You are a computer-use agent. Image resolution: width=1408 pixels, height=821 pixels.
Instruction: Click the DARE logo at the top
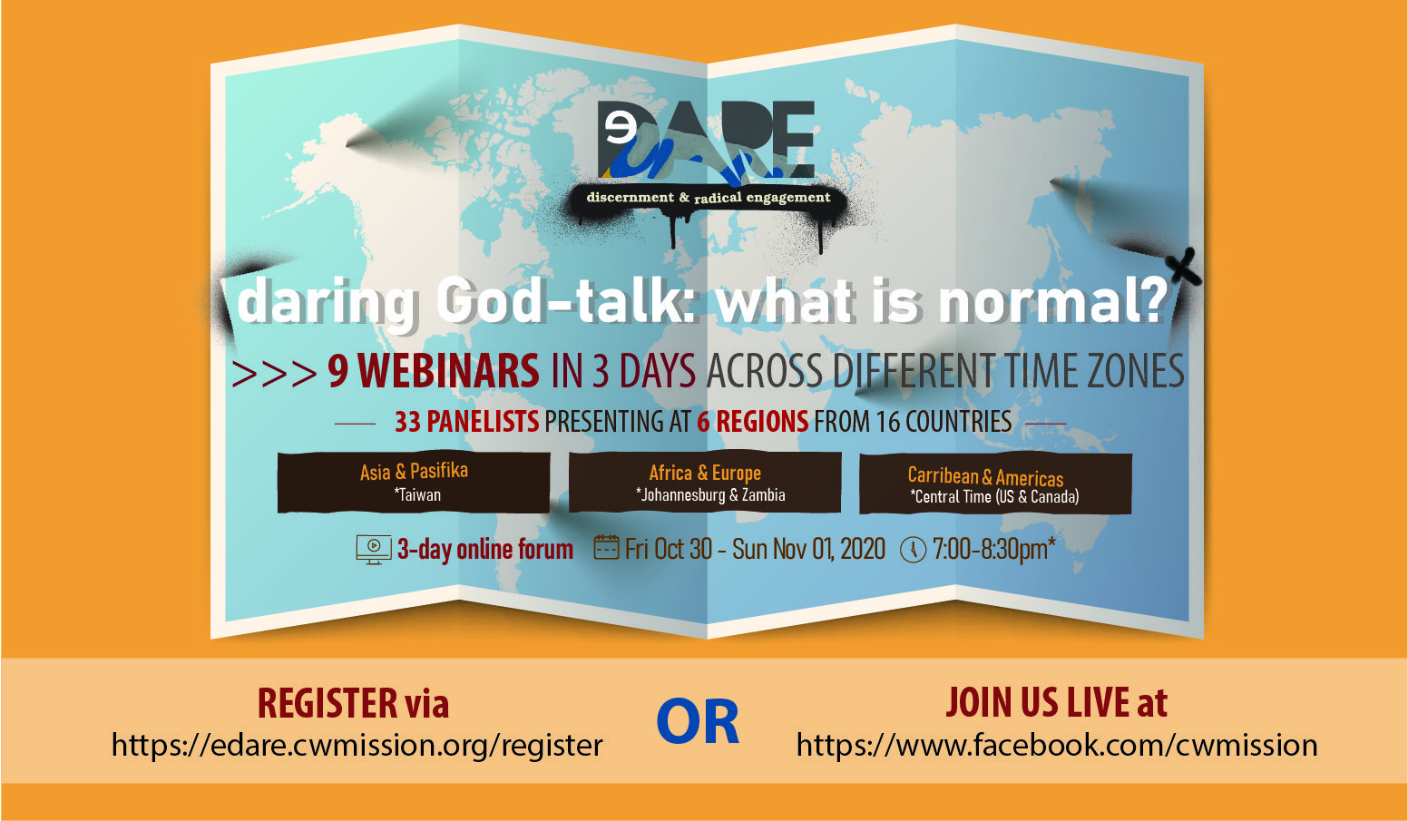point(707,139)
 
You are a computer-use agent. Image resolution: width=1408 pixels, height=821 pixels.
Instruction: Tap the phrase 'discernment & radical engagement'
point(709,198)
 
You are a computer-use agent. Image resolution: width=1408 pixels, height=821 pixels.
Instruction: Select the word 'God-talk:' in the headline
point(566,302)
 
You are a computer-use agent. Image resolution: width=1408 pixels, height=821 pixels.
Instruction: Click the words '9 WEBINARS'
point(434,371)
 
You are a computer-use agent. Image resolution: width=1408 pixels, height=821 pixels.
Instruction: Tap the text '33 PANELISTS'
point(466,421)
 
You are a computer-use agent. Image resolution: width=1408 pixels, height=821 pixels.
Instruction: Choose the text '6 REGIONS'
point(752,421)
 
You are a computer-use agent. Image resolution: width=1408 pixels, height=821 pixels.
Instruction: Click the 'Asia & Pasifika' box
point(414,482)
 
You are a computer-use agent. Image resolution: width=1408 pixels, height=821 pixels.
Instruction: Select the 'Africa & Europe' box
point(705,482)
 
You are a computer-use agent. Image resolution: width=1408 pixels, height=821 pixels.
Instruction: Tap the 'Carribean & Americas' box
point(995,484)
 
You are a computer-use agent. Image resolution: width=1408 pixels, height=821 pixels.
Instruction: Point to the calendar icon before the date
point(607,548)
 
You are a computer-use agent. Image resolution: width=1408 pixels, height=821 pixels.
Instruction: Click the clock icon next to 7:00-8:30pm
point(913,550)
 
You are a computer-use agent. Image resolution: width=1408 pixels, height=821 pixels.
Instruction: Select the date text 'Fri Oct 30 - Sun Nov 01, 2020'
point(755,549)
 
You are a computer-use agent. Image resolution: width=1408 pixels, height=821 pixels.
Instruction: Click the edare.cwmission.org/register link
point(357,746)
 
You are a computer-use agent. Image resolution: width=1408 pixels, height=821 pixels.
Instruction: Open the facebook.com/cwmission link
point(1057,746)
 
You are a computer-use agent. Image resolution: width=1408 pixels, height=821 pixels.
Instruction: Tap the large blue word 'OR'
point(698,723)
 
